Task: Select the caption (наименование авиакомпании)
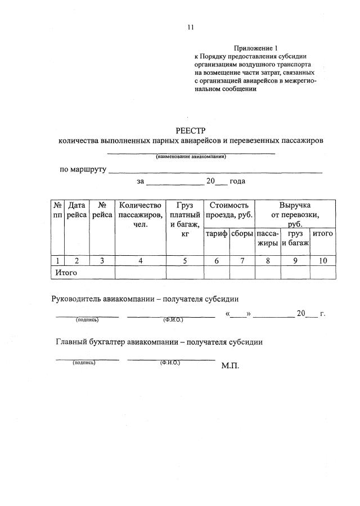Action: (x=191, y=157)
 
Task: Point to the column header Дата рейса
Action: (x=76, y=210)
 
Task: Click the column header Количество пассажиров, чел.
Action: (x=141, y=215)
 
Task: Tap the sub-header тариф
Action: (x=217, y=233)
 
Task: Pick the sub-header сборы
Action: (x=242, y=233)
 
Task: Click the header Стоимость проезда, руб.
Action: (x=229, y=210)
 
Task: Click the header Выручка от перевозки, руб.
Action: (x=295, y=215)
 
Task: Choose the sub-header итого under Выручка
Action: (x=323, y=233)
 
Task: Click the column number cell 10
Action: (x=323, y=260)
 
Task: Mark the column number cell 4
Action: (x=141, y=260)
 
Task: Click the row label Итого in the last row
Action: (x=66, y=272)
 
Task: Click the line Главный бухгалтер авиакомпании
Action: (x=159, y=342)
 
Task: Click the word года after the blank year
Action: (x=237, y=182)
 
